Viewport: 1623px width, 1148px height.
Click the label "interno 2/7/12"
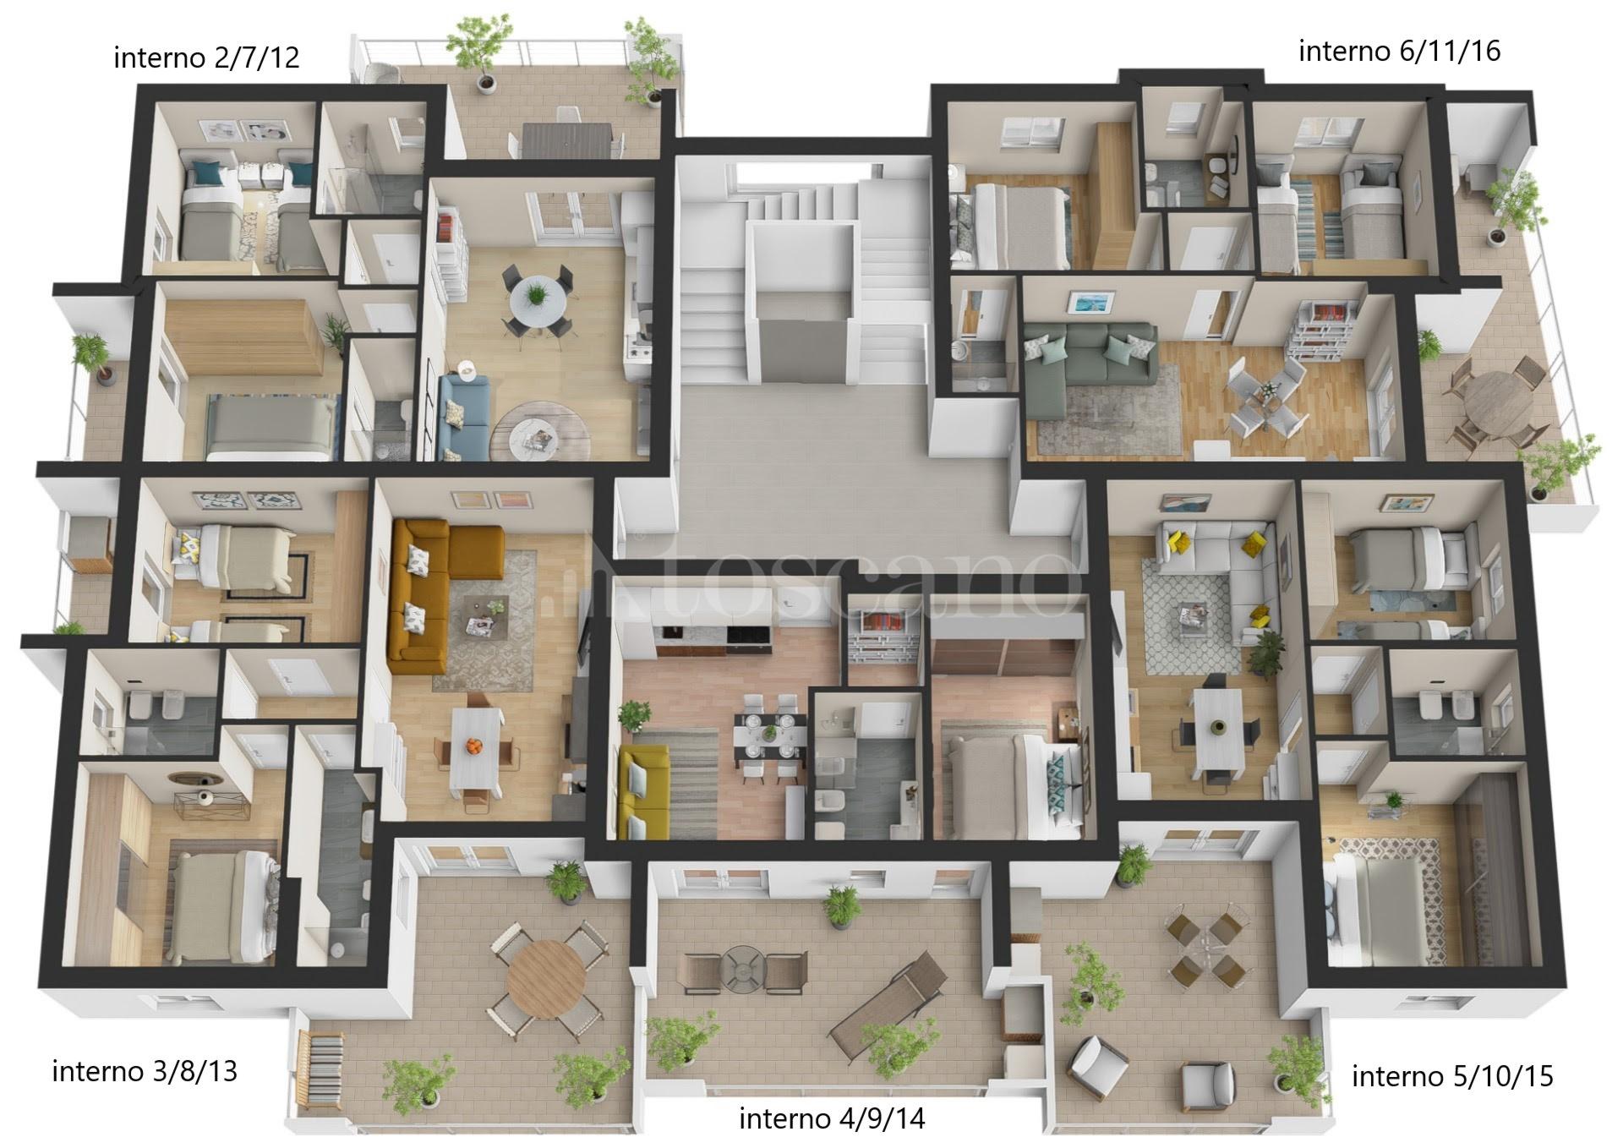click(206, 57)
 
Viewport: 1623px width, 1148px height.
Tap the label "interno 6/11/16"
click(1399, 51)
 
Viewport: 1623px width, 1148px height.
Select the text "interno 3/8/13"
click(145, 1071)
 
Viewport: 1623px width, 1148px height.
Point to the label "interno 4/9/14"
click(832, 1118)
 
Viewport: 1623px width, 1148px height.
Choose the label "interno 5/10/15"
click(1452, 1076)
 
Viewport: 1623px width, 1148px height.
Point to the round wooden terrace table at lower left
click(546, 980)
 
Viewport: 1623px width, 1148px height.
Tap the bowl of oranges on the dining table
click(474, 746)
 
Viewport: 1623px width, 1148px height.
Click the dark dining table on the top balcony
click(567, 139)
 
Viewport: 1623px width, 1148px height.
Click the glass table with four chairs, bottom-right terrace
click(1203, 941)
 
